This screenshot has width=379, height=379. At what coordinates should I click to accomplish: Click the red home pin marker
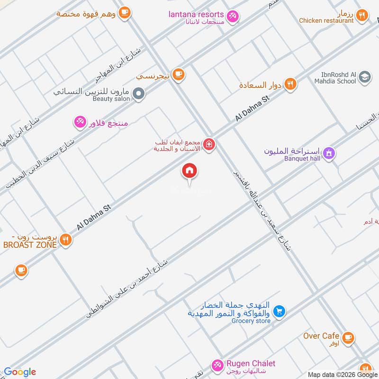(x=189, y=171)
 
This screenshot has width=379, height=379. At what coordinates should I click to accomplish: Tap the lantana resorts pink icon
(x=233, y=17)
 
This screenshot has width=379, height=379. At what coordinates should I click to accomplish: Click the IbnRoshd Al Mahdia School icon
(x=364, y=77)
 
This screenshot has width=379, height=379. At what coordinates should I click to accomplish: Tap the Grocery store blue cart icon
(x=280, y=311)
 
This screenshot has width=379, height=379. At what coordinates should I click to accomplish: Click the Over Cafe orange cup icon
(x=348, y=337)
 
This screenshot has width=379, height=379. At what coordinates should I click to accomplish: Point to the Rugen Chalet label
(x=251, y=363)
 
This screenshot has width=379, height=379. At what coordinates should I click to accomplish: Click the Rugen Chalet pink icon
(x=217, y=365)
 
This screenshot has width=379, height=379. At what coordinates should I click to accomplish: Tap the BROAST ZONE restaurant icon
(x=66, y=240)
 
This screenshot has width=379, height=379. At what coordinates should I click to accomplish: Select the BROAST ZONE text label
(x=29, y=244)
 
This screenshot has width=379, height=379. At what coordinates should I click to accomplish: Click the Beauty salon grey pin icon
(x=138, y=94)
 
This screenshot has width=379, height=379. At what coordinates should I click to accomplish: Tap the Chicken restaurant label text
(x=326, y=21)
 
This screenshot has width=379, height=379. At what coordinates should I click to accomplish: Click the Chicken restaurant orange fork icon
(x=362, y=16)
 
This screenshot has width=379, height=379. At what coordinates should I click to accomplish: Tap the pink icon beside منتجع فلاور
(x=80, y=123)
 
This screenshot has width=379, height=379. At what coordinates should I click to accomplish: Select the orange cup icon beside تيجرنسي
(x=178, y=74)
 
